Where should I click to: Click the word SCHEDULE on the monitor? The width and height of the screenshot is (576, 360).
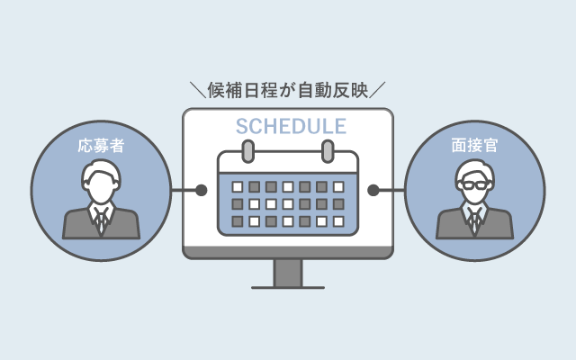(287, 125)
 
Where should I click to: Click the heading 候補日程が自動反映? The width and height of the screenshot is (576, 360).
(288, 89)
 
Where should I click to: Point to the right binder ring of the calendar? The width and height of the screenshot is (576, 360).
(327, 149)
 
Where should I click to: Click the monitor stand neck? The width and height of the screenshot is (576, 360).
(288, 272)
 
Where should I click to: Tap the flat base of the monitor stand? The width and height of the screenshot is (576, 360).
(288, 287)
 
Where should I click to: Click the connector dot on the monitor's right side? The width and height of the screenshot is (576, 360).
(374, 191)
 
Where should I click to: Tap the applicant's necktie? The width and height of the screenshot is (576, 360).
(100, 220)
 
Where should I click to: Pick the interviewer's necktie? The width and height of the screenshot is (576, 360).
(475, 220)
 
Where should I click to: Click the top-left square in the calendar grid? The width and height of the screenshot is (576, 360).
(238, 187)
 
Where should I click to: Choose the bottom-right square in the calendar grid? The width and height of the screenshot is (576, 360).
(338, 220)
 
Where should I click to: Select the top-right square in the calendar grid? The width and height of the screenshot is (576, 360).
(338, 187)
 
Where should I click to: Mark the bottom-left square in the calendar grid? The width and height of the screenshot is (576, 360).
(238, 220)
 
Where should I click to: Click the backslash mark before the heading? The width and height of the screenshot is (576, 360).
(197, 90)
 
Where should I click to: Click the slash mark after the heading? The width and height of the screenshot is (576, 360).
(379, 90)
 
